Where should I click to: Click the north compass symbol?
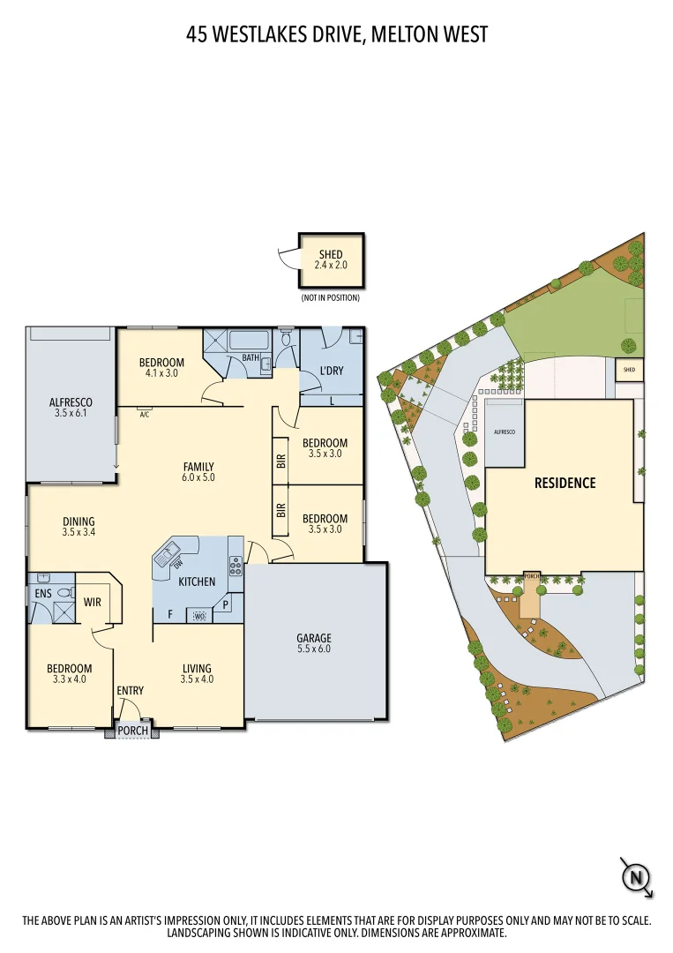coord(635,877)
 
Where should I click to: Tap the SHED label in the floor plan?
coord(331,255)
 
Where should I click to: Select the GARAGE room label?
coord(314,638)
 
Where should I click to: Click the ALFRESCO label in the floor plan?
coord(71,402)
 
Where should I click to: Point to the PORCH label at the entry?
coord(133,731)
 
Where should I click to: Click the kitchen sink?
coord(165,556)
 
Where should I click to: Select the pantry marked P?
coord(226,606)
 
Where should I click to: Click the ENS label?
coord(43,594)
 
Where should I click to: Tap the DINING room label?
coord(79,522)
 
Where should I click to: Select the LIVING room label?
coord(197,668)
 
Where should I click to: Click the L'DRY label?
coord(332,371)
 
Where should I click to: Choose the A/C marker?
coord(144,413)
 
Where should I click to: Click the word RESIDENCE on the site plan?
coord(565,483)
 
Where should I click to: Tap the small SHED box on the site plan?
coord(629,369)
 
